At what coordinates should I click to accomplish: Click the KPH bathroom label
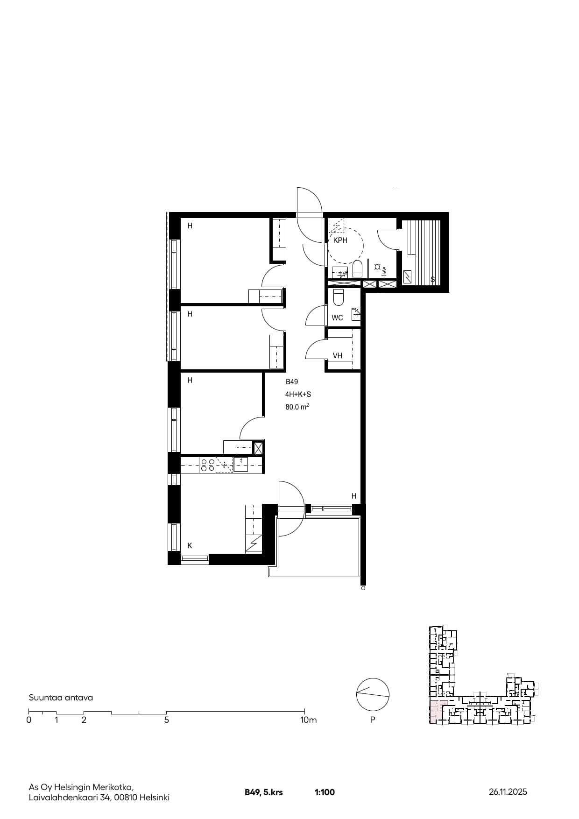pyautogui.click(x=340, y=240)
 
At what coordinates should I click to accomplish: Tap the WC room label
pyautogui.click(x=337, y=318)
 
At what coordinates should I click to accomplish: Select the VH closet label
pyautogui.click(x=337, y=356)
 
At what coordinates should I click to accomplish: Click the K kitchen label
pyautogui.click(x=190, y=545)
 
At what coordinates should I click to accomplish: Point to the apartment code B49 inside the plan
pyautogui.click(x=292, y=382)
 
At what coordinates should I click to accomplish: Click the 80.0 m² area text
pyautogui.click(x=297, y=407)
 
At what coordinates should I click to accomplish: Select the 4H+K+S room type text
pyautogui.click(x=298, y=395)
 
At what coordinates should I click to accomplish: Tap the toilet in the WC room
pyautogui.click(x=339, y=297)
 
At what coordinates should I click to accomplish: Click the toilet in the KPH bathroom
pyautogui.click(x=358, y=269)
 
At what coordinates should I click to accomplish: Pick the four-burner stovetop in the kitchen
pyautogui.click(x=208, y=465)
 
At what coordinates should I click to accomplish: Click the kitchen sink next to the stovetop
pyautogui.click(x=241, y=465)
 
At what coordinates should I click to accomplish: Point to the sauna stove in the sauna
pyautogui.click(x=408, y=277)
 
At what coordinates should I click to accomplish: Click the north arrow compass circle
pyautogui.click(x=373, y=694)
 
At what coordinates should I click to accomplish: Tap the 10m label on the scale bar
pyautogui.click(x=308, y=720)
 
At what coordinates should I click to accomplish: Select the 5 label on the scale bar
pyautogui.click(x=167, y=720)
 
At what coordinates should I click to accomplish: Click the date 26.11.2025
pyautogui.click(x=508, y=791)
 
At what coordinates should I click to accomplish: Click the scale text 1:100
pyautogui.click(x=325, y=792)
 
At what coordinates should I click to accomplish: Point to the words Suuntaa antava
pyautogui.click(x=61, y=698)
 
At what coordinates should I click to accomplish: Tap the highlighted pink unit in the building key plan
pyautogui.click(x=438, y=712)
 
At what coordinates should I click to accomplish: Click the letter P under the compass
pyautogui.click(x=373, y=720)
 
